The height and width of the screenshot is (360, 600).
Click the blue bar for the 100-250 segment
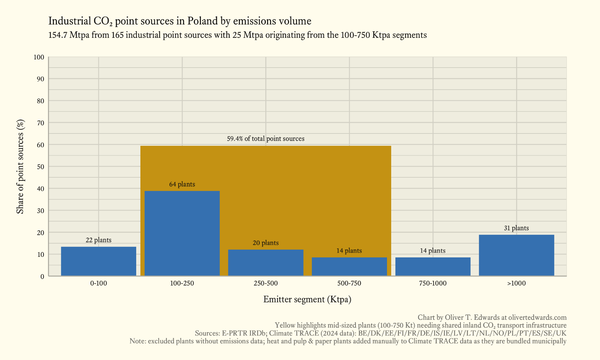(x=182, y=233)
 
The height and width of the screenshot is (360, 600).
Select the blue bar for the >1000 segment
(x=516, y=255)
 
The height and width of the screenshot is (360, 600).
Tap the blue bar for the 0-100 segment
(x=98, y=261)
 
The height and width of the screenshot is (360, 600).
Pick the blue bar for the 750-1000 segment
(x=433, y=266)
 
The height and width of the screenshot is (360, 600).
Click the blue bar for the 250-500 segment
(x=265, y=262)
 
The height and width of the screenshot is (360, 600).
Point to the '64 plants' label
(x=182, y=184)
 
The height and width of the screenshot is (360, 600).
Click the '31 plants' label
(x=516, y=228)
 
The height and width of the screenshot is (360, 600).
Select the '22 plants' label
(x=98, y=240)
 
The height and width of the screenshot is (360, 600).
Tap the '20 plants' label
(x=265, y=243)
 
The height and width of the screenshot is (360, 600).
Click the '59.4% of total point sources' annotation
(x=265, y=139)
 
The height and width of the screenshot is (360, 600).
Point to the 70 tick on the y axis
(x=40, y=123)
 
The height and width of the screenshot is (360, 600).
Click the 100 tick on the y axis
(x=39, y=57)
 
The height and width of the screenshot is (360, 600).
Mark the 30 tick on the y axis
(x=40, y=211)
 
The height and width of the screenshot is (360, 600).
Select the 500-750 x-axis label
(x=349, y=283)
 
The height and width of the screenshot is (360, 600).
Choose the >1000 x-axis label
(x=516, y=283)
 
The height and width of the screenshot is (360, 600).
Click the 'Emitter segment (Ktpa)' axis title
(x=307, y=299)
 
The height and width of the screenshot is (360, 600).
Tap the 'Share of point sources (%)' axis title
(x=20, y=166)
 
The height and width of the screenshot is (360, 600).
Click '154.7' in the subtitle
(x=58, y=35)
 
